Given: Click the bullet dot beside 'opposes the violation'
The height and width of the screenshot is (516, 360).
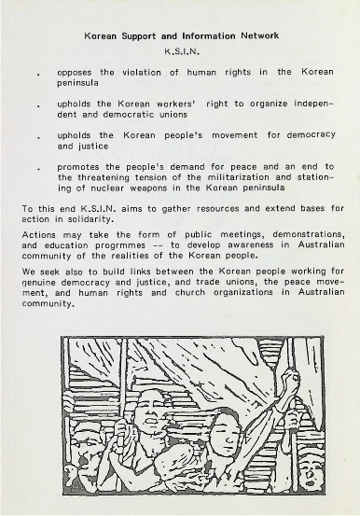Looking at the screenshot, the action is (36, 73).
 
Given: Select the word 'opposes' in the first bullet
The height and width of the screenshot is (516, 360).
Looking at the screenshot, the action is (76, 71).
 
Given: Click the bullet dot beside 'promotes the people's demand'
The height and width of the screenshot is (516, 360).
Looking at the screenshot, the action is (36, 170).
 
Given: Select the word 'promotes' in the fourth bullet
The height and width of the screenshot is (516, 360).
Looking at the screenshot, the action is (79, 168).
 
